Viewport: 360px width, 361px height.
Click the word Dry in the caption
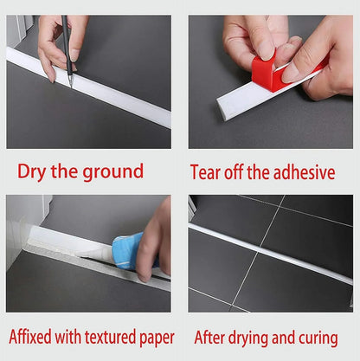coord(31,172)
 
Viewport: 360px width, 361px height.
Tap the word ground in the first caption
coord(113,172)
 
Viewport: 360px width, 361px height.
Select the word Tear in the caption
coord(206,172)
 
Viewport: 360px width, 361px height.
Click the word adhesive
coord(304,172)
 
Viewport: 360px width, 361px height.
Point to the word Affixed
coord(30,337)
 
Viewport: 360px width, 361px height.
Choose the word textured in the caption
coord(110,337)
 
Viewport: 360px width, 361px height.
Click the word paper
coord(157,338)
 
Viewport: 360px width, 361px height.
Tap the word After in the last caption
coord(209,338)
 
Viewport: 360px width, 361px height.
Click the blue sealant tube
coord(131,250)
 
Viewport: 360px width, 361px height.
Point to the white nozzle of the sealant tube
coord(94,254)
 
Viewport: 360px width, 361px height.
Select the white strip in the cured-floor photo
coord(271,254)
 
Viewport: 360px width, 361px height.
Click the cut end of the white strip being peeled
coord(222,106)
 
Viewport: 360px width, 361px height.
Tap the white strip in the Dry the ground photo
coord(89,87)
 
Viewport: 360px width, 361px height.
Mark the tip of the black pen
coord(71,87)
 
